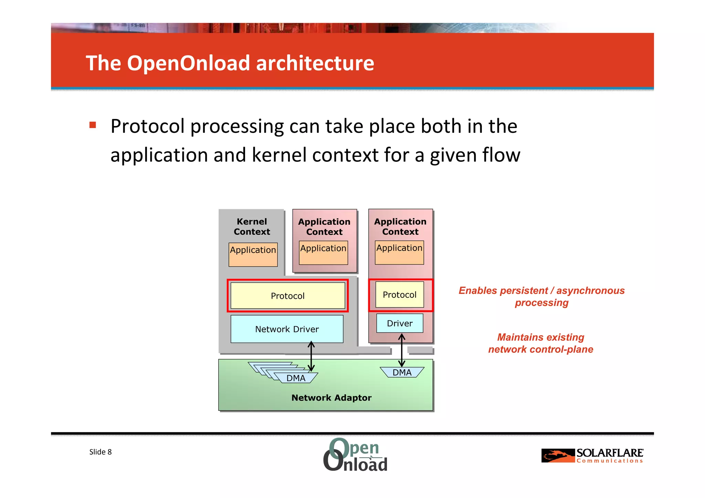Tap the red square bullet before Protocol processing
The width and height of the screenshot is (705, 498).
coord(93,125)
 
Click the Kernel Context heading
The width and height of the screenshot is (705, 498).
coord(252,226)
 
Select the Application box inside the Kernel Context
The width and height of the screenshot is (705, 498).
coord(253,255)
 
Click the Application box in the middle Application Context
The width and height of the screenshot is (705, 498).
coord(323,253)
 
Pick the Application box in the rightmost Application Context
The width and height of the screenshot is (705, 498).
coord(399,253)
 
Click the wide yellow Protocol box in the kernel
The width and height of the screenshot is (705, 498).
coord(287,296)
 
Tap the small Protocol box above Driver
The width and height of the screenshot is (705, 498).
coord(399,295)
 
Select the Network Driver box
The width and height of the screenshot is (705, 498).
coord(287,329)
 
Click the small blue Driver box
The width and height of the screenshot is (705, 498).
coord(400,323)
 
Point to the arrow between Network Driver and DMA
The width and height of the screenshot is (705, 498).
coord(311,356)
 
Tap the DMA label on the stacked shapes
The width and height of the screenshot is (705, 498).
coord(296,378)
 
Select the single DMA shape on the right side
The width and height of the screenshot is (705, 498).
coord(402,372)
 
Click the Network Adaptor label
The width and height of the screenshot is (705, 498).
coord(331,398)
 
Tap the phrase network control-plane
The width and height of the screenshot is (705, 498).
coord(540,349)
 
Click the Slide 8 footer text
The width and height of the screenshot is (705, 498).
coord(101,452)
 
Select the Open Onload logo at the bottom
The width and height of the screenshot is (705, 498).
coord(355,455)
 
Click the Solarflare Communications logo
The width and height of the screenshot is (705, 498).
coord(592,456)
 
